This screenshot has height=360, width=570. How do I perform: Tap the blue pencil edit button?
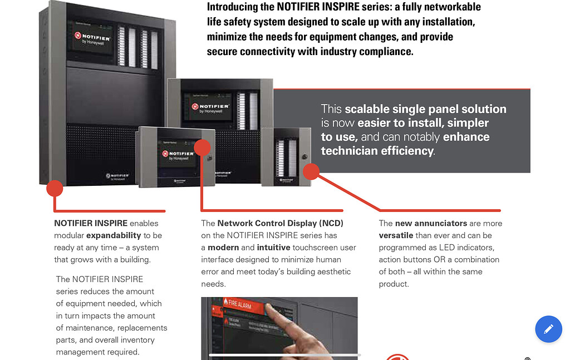(x=548, y=329)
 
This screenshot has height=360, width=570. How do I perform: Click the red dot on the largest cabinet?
(x=54, y=188)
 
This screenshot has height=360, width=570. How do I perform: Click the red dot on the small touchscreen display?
(x=202, y=147)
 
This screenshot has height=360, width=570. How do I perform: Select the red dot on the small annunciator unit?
(x=311, y=171)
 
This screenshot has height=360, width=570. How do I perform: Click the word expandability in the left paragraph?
(x=114, y=235)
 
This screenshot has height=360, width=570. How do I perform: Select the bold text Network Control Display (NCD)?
(x=280, y=223)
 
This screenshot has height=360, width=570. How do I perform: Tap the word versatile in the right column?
(x=396, y=235)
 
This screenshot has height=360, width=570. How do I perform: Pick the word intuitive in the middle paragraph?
(x=273, y=248)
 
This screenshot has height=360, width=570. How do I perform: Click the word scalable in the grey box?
(x=370, y=109)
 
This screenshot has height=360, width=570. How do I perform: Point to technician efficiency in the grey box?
(x=377, y=151)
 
